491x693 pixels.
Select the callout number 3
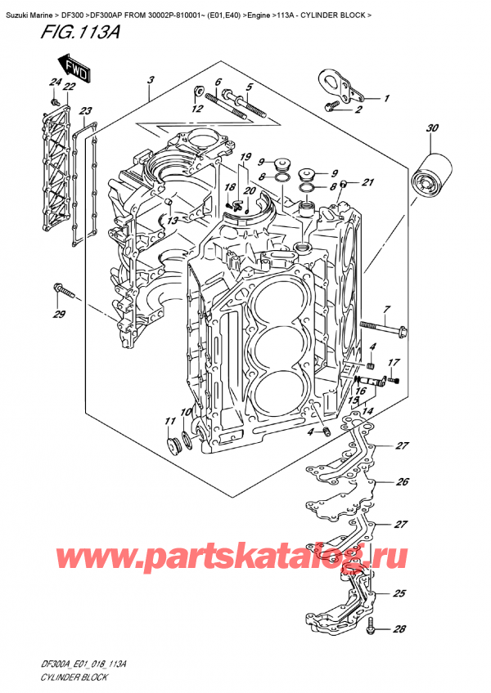click(x=151, y=80)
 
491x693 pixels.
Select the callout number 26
click(x=401, y=482)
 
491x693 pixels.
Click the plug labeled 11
click(x=173, y=445)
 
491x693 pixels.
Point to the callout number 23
click(x=87, y=111)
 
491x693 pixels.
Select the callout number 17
click(x=394, y=363)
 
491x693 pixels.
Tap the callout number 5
click(x=250, y=88)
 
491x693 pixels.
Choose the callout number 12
click(x=196, y=109)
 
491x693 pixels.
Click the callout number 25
click(x=399, y=593)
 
